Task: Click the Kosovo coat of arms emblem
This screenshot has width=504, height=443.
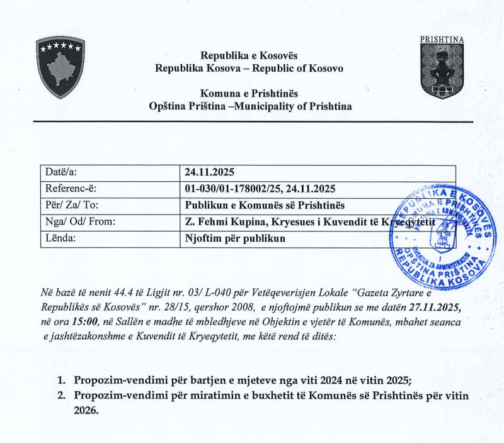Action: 60,67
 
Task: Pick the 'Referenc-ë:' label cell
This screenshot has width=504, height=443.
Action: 70,188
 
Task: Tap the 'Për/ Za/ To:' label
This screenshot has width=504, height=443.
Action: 72,205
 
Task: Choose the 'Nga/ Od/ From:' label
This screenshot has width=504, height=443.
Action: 77,221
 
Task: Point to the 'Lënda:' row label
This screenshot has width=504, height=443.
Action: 60,238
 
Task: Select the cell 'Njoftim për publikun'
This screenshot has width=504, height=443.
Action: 234,238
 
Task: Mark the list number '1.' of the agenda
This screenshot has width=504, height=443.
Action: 62,380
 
